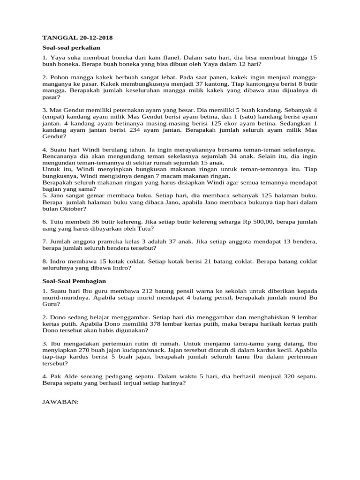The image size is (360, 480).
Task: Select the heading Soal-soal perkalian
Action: (x=71, y=47)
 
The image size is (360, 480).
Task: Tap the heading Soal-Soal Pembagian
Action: (x=74, y=281)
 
